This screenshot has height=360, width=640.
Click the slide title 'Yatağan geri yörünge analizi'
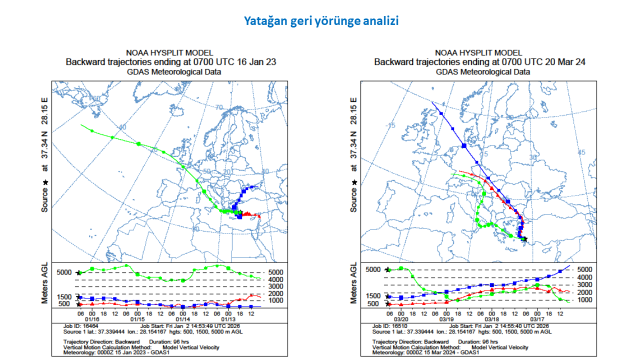pyautogui.click(x=321, y=21)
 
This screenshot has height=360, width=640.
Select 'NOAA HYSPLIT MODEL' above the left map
pyautogui.click(x=169, y=52)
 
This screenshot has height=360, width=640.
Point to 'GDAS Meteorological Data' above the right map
pyautogui.click(x=482, y=71)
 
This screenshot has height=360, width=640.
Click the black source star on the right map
pyautogui.click(x=524, y=239)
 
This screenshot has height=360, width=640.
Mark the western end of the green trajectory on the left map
pyautogui.click(x=81, y=125)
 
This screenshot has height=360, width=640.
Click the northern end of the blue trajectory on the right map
pyautogui.click(x=432, y=102)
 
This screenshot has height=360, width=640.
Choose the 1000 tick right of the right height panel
pyautogui.click(x=585, y=300)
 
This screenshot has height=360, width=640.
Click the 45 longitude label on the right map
pyautogui.click(x=581, y=152)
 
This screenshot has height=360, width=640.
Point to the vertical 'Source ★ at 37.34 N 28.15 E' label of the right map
pyautogui.click(x=354, y=155)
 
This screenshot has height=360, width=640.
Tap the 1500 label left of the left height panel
pyautogui.click(x=64, y=296)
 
